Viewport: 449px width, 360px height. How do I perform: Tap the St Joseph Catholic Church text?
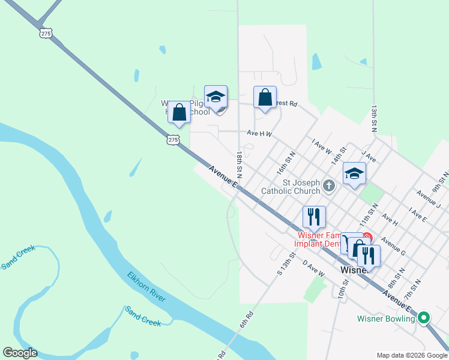pos(290,187)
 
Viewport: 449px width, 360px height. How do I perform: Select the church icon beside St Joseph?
pos(328,186)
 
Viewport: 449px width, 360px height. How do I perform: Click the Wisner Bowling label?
pos(385,319)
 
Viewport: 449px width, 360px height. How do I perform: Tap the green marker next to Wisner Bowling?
pos(424,318)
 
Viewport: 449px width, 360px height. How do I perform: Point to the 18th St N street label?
pos(240,164)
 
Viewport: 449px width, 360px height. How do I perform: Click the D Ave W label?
pos(313,268)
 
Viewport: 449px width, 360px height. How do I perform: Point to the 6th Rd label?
pos(247,319)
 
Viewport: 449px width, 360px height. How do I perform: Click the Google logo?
pos(20,353)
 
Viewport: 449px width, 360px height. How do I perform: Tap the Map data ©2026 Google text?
pos(411,355)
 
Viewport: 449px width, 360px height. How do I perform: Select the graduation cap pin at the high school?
pos(215,97)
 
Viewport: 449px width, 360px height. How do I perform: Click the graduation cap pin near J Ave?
pos(354,174)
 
